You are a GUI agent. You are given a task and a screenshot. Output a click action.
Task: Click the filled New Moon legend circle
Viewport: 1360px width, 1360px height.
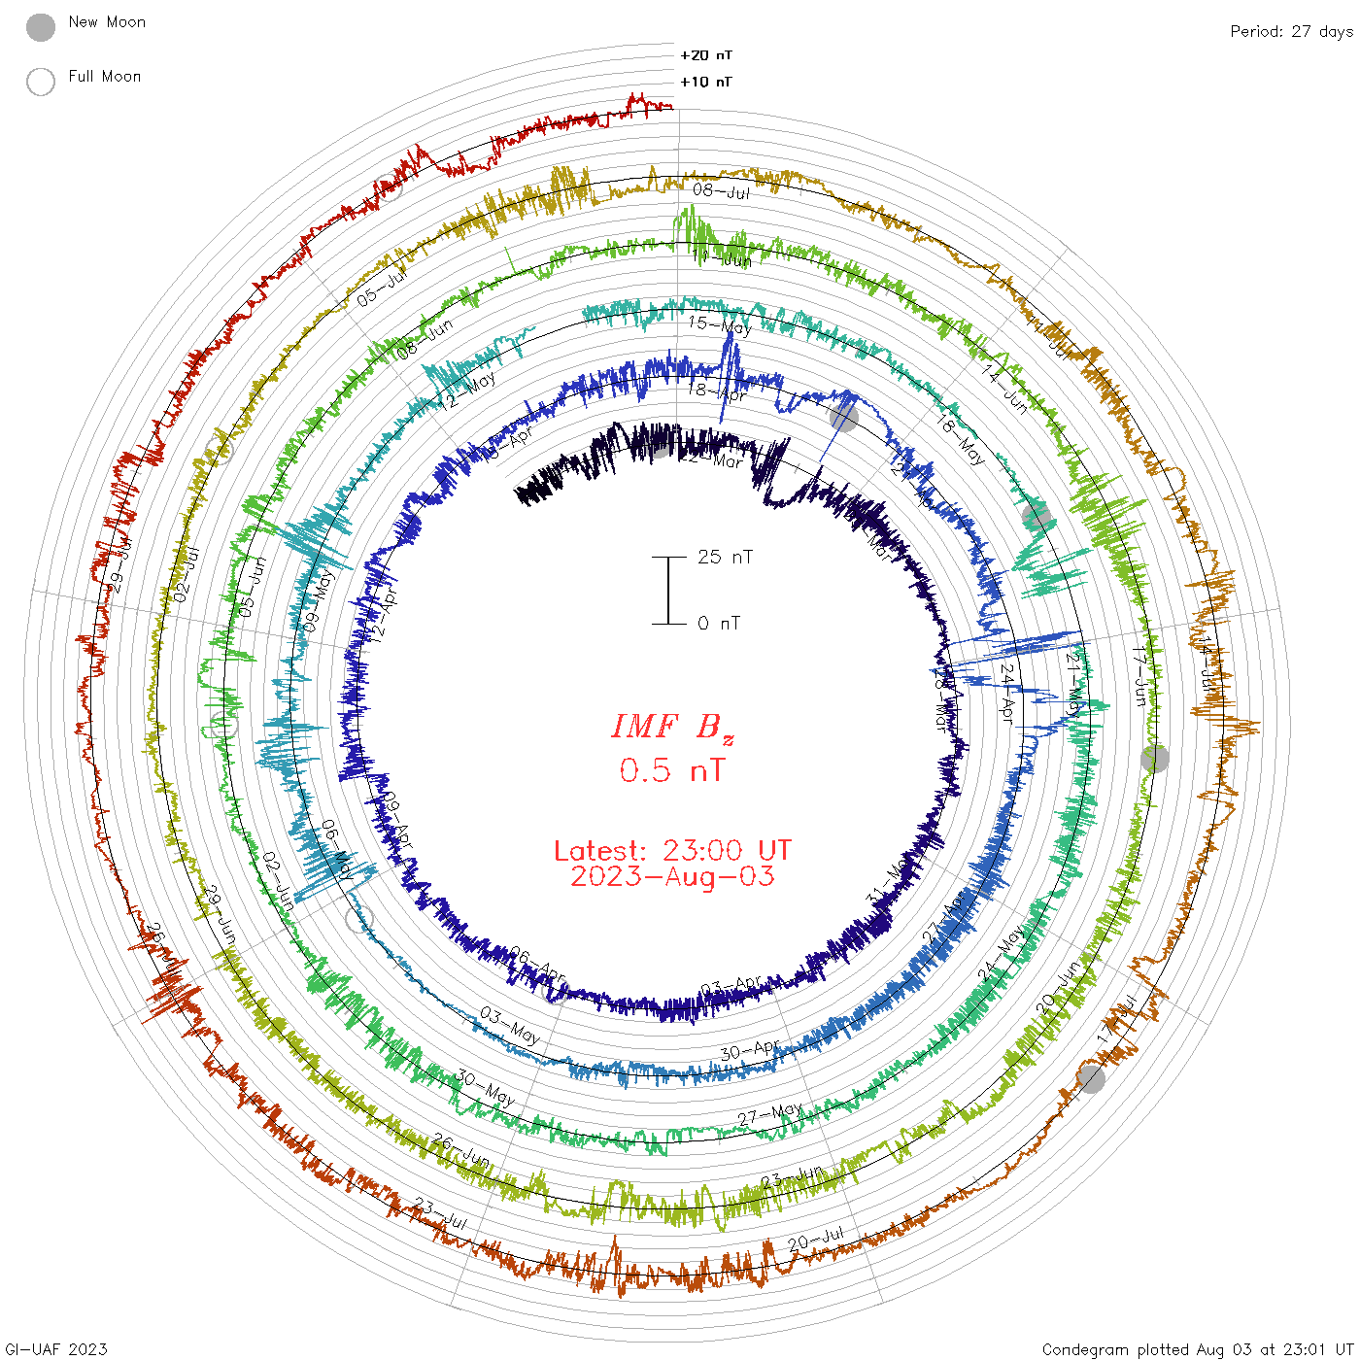(x=41, y=28)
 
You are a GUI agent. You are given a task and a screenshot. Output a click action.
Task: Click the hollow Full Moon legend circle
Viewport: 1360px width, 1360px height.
(x=41, y=82)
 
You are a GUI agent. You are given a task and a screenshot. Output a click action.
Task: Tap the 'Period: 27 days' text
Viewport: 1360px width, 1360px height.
(x=1291, y=31)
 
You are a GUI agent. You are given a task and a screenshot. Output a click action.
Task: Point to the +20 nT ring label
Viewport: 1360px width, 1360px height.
(x=706, y=55)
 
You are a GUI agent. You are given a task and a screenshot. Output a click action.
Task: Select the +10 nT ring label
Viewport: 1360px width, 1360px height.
(x=706, y=82)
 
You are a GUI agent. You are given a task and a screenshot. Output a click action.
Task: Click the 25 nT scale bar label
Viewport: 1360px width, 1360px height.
(x=725, y=557)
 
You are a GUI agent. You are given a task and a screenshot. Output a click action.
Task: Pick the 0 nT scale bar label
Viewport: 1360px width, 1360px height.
(x=719, y=623)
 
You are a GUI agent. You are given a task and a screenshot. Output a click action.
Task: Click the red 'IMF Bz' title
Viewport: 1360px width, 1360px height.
(x=672, y=727)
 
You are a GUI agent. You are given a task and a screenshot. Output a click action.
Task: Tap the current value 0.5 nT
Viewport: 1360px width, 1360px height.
(x=672, y=770)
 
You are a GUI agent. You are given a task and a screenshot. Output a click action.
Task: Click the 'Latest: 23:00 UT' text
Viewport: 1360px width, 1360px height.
(x=672, y=851)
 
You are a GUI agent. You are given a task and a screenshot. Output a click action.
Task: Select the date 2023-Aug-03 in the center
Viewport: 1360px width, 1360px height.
(x=672, y=876)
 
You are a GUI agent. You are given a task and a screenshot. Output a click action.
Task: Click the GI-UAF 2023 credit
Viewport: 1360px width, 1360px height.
(x=55, y=1349)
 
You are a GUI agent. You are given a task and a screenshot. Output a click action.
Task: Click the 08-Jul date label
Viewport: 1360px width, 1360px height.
(x=722, y=190)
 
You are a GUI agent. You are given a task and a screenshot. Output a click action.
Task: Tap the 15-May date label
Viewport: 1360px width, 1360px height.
(x=720, y=324)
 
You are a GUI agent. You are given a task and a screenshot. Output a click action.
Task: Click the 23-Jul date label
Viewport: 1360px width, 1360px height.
(x=441, y=1214)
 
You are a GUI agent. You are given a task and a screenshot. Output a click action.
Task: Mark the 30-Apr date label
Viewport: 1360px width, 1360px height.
(x=751, y=1050)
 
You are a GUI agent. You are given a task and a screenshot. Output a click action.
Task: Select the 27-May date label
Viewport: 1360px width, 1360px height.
(x=769, y=1114)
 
